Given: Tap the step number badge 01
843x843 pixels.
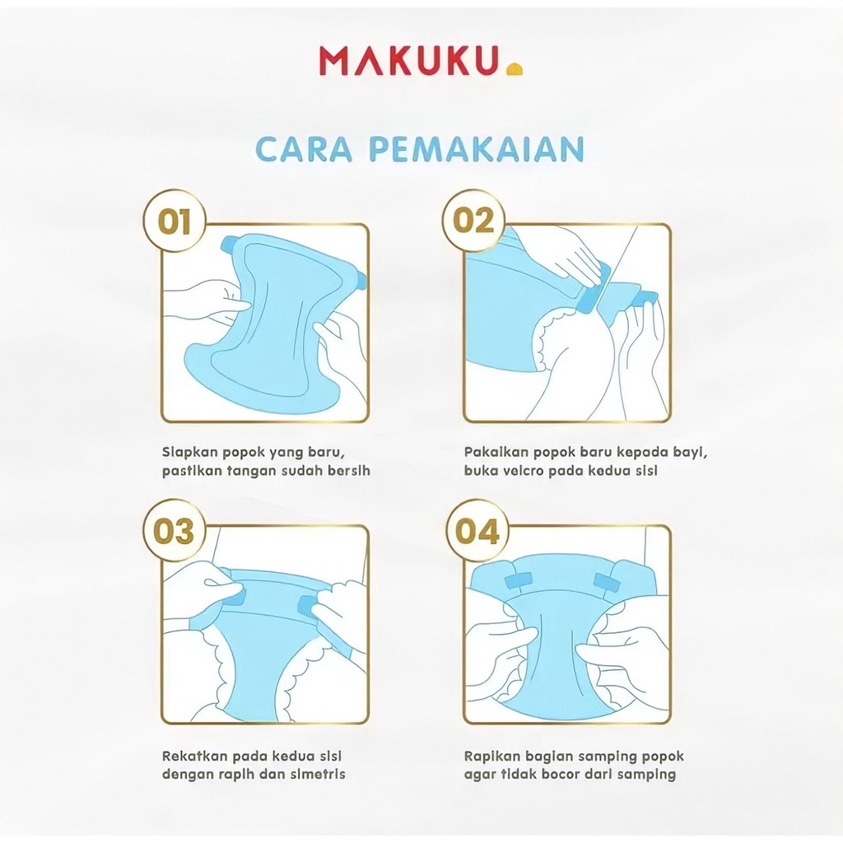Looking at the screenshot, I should point(174,222).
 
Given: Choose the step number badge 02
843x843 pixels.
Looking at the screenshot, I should point(475,221).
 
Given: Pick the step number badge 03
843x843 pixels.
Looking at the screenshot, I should point(174,530).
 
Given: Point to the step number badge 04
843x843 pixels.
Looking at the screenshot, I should point(477,531).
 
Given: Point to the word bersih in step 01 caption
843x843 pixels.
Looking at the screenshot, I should point(349,471).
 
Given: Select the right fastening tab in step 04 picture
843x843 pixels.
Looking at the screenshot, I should point(607,582).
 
